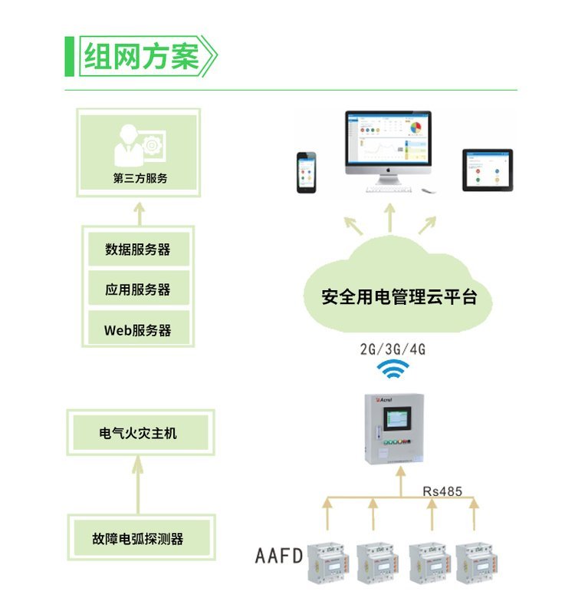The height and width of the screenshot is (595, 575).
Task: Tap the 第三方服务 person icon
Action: tap(139, 147)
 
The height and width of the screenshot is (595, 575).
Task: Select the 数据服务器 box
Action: tap(138, 250)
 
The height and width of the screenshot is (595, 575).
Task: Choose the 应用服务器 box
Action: tap(138, 290)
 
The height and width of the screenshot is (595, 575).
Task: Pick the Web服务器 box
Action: tap(138, 331)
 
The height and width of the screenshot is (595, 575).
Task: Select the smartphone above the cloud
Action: tap(307, 173)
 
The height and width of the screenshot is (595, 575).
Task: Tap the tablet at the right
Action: tap(487, 170)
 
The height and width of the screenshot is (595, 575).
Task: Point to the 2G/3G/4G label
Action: tap(393, 349)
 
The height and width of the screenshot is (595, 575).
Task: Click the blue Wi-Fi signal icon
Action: tap(393, 371)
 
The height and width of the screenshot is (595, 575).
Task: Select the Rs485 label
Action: tap(442, 491)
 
